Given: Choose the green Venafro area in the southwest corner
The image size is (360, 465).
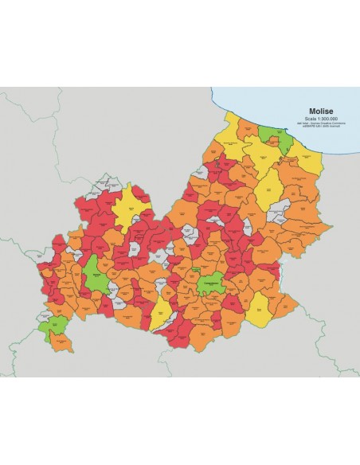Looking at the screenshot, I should [x=56, y=326].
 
